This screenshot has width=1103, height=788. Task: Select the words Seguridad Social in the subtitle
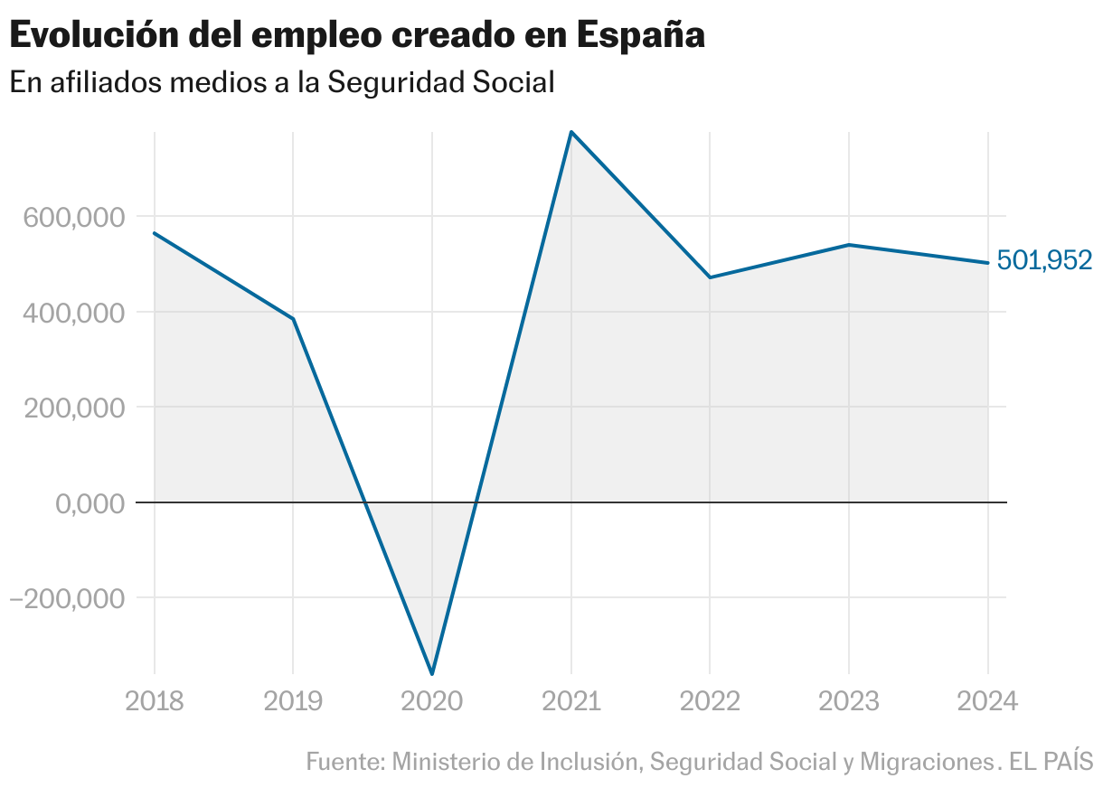440,82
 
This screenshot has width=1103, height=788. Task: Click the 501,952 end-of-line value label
1044,261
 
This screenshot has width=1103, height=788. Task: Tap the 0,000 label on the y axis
90,503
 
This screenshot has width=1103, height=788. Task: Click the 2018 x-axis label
154,702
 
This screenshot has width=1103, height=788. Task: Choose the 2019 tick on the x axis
293,702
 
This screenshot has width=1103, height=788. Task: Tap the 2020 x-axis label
432,702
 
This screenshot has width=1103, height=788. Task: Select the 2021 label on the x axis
571,702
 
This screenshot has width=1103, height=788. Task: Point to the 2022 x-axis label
710,702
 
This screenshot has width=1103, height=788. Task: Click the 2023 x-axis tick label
849,702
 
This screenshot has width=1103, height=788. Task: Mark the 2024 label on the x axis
988,702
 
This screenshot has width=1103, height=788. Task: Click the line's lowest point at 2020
432,674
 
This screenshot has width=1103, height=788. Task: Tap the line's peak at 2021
571,132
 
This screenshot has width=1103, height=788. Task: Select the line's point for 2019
293,319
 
